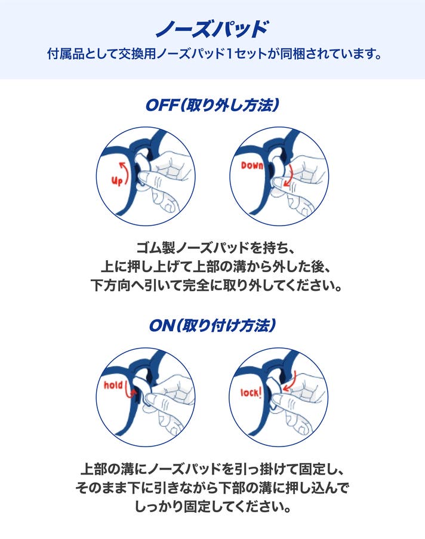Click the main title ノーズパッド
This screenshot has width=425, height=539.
pyautogui.click(x=212, y=29)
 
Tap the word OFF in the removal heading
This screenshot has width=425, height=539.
pyautogui.click(x=162, y=105)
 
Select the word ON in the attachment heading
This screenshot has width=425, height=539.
pyautogui.click(x=162, y=325)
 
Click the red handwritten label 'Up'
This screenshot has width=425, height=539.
pyautogui.click(x=117, y=180)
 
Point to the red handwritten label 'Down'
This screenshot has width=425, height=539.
pyautogui.click(x=252, y=166)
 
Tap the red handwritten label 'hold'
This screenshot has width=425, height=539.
pyautogui.click(x=113, y=385)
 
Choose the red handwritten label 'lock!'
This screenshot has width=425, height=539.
pyautogui.click(x=251, y=392)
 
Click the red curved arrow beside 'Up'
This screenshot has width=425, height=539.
pyautogui.click(x=125, y=173)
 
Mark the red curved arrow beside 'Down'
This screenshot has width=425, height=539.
pyautogui.click(x=290, y=175)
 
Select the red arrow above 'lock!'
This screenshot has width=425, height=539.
pyautogui.click(x=290, y=381)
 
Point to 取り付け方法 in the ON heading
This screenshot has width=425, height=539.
pyautogui.click(x=228, y=325)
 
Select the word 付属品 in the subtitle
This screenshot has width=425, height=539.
pyautogui.click(x=65, y=54)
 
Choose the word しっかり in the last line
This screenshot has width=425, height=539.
pyautogui.click(x=159, y=507)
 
